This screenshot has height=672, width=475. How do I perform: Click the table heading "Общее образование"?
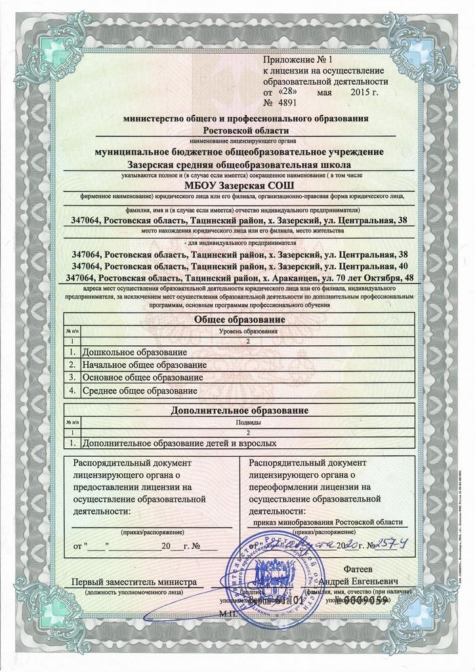coord(241,320)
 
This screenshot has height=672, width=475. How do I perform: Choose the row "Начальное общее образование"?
coord(140,364)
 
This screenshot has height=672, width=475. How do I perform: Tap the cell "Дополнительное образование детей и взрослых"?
coord(175,443)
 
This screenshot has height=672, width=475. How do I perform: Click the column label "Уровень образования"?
coord(247,331)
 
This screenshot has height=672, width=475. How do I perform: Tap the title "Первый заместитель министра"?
coord(134,581)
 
